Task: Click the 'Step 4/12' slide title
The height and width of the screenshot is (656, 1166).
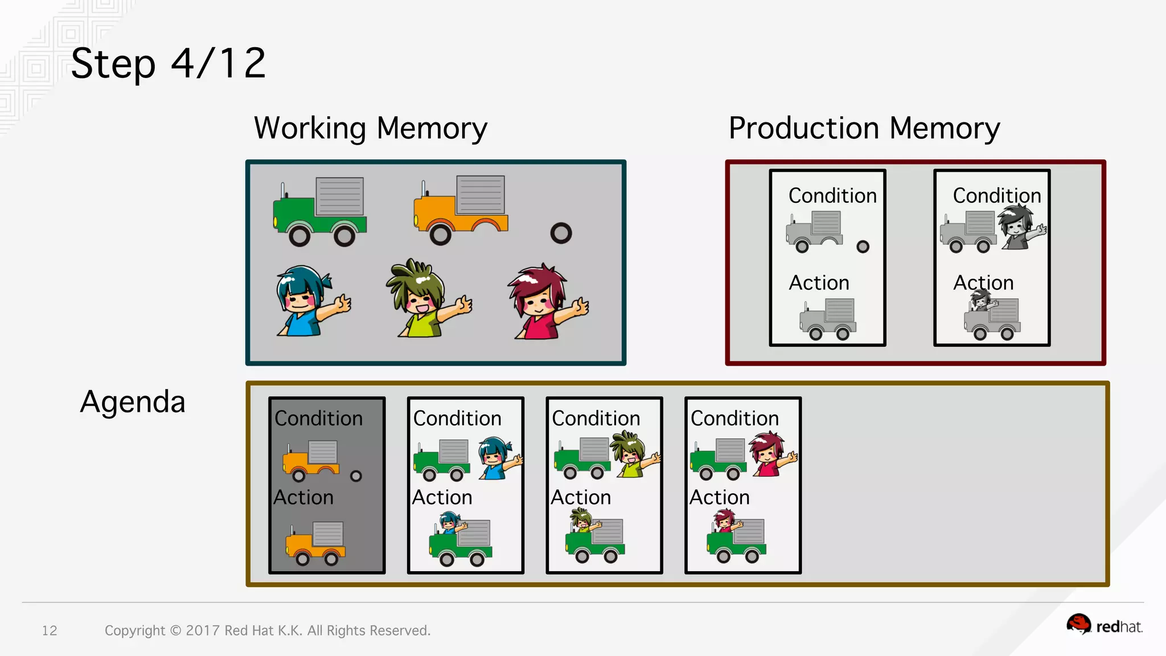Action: pyautogui.click(x=169, y=63)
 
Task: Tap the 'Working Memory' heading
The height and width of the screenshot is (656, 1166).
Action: pyautogui.click(x=371, y=128)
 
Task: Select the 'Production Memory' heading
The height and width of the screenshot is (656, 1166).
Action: pyautogui.click(x=864, y=128)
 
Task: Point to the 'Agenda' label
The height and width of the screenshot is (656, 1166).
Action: pyautogui.click(x=133, y=402)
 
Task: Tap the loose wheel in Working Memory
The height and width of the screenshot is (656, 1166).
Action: pyautogui.click(x=561, y=233)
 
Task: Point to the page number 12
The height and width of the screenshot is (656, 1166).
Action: pyautogui.click(x=50, y=630)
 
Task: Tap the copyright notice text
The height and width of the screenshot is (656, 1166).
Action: pyautogui.click(x=267, y=630)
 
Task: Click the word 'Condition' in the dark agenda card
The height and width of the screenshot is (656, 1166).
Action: pyautogui.click(x=318, y=419)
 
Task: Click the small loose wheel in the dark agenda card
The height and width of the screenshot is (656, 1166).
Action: pyautogui.click(x=356, y=476)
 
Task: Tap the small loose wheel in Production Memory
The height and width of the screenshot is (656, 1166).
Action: pyautogui.click(x=863, y=247)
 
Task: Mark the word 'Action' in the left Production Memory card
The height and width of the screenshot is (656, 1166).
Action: pyautogui.click(x=819, y=283)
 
